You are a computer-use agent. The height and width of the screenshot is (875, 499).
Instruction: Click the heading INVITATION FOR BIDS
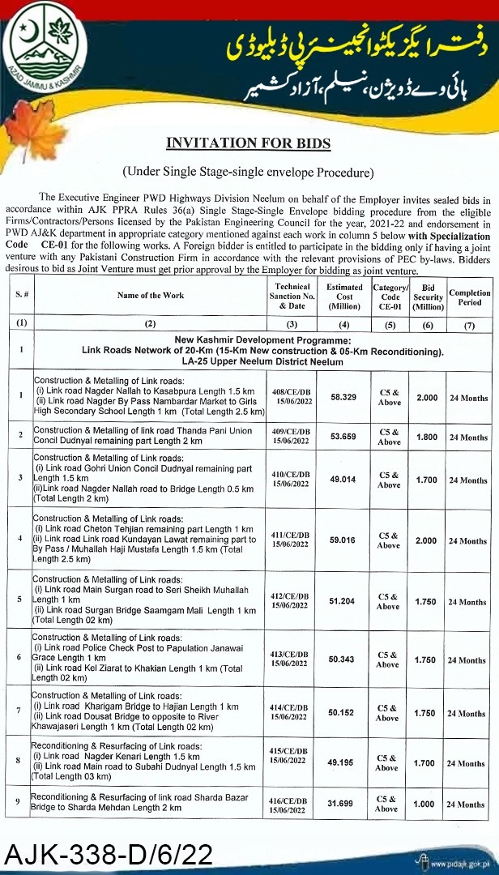(249, 143)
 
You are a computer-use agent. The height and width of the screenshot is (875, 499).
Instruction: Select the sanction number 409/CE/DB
(291, 432)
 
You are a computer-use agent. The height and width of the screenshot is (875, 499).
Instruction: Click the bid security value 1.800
(429, 437)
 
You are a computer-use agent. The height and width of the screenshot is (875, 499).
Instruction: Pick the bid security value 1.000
(429, 804)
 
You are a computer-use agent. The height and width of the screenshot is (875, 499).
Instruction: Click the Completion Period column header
(469, 297)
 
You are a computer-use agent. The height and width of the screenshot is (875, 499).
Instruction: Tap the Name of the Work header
(151, 295)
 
